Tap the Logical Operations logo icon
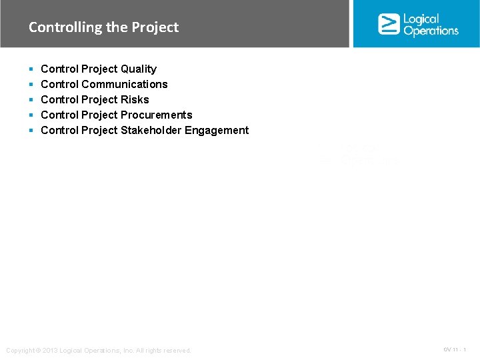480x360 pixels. click(389, 24)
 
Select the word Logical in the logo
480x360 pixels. click(421, 19)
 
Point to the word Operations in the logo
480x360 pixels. click(431, 31)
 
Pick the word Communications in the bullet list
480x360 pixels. click(124, 84)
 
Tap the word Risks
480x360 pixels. click(135, 99)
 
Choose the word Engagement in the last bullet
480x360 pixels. click(217, 130)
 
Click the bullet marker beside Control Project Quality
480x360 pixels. click(31, 69)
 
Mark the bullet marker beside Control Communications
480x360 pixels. click(31, 85)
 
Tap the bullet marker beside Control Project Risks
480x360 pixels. click(31, 100)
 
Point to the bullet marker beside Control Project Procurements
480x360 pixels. click(31, 115)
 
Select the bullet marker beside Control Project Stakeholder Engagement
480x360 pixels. click(31, 131)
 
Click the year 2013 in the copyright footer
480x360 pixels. click(50, 351)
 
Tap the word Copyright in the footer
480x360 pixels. click(20, 351)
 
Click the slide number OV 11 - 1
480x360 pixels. click(455, 350)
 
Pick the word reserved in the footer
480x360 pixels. click(176, 351)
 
